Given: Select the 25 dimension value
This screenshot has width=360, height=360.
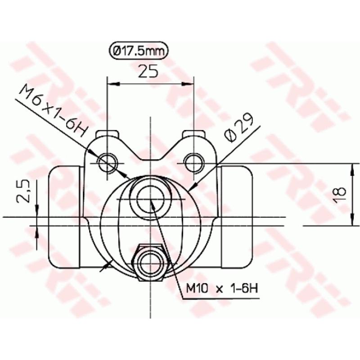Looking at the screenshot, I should coord(150,71).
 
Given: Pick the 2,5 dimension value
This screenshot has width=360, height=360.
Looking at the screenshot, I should coord(24,191).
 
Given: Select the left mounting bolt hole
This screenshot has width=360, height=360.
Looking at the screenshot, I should coord(108,162).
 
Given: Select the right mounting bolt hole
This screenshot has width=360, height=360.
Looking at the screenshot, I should coord(193,162).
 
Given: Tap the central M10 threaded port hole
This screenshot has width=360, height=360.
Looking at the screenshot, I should coord(150,198).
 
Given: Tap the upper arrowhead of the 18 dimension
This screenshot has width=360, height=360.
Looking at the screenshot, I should coord(350,168).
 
